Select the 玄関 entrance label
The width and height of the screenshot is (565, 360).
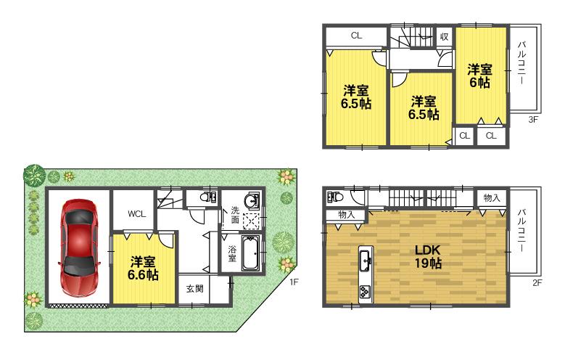(x=194, y=288)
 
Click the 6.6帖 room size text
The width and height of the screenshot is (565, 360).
(x=144, y=275)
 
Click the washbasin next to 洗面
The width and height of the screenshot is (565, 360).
(x=251, y=202)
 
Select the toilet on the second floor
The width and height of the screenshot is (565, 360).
(x=334, y=196)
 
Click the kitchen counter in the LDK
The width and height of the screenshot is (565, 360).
(x=365, y=274)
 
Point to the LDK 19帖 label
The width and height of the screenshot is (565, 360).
(x=428, y=255)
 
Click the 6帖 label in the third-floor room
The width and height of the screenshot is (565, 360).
(x=479, y=76)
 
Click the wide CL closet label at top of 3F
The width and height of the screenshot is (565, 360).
(x=356, y=35)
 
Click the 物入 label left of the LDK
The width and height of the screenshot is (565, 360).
(x=346, y=214)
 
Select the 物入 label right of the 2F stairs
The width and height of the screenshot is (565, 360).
(x=491, y=197)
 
